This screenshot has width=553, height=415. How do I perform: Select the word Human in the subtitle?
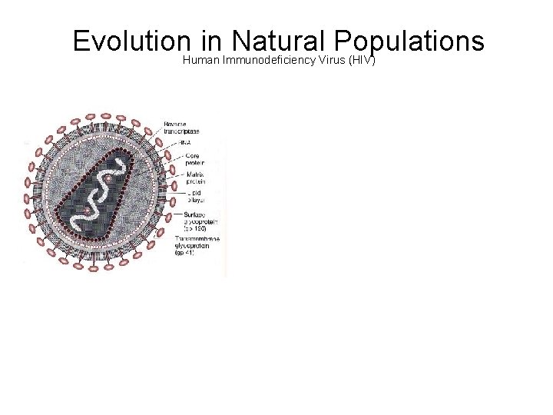(201, 60)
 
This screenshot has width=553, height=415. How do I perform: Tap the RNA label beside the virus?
(186, 143)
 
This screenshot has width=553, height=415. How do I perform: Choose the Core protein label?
(195, 160)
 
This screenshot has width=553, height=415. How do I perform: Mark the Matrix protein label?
(195, 179)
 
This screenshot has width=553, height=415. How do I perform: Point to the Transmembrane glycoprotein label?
(201, 243)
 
